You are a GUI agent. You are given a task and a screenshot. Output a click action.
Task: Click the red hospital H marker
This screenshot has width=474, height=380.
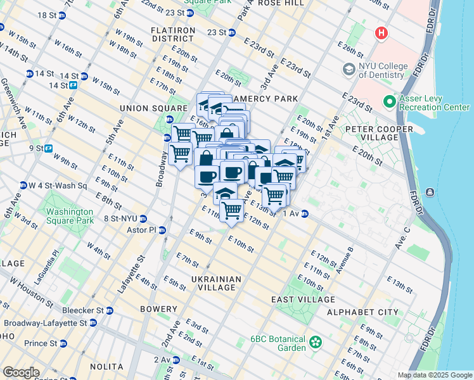[381, 32]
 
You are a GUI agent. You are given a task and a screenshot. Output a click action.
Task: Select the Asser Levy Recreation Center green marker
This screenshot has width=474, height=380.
[388, 101]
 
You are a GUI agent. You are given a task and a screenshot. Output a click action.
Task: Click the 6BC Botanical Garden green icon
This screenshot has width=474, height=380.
[315, 343]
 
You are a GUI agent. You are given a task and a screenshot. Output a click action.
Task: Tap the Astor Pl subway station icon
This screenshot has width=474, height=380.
[162, 230]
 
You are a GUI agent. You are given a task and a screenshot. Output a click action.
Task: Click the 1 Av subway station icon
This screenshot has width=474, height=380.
[305, 214]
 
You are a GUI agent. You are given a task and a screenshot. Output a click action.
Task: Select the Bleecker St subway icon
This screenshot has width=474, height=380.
[110, 310]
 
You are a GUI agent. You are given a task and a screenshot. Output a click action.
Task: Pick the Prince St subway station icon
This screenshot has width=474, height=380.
[63, 343]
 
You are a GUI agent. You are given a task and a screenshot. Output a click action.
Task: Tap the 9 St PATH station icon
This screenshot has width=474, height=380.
[48, 148]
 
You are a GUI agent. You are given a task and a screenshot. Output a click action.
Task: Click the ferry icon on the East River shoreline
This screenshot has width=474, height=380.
[430, 193]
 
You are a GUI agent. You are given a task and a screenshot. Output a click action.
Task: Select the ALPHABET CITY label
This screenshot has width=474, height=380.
[362, 312]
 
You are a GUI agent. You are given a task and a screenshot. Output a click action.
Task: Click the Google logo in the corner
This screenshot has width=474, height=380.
[21, 372]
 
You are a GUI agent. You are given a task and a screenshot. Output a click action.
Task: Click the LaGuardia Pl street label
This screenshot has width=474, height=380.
[55, 261]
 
